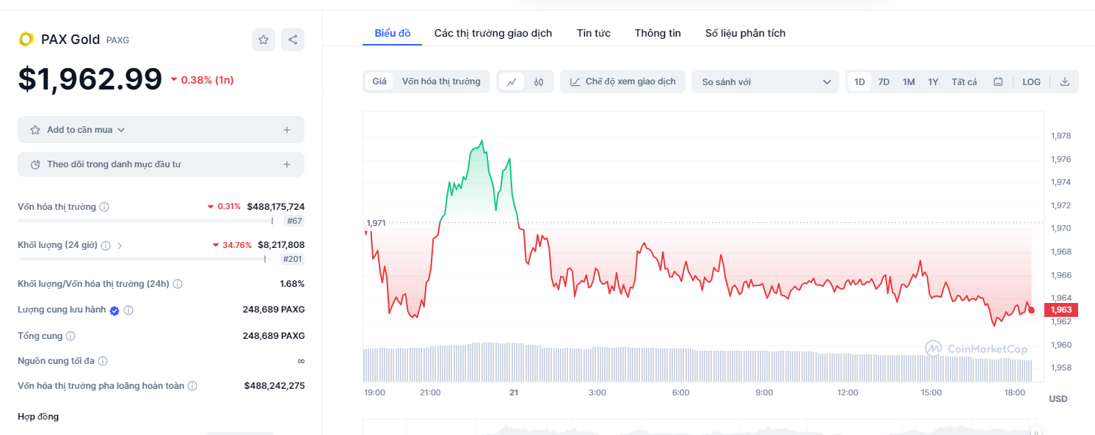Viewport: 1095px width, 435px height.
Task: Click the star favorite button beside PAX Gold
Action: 263,40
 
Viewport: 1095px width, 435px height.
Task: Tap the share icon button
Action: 293,40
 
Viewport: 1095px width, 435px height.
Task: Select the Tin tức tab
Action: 593,33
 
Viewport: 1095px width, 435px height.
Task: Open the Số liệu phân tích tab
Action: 745,33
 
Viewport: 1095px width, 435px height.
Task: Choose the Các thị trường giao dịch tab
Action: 493,33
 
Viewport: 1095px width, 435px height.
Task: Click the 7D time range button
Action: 884,82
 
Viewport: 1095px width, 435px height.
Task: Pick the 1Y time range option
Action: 933,82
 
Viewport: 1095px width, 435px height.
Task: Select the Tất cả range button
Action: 964,82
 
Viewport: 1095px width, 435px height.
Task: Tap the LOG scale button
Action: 1031,82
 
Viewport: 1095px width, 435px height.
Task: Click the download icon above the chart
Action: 1065,82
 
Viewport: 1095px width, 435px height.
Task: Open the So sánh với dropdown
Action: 765,82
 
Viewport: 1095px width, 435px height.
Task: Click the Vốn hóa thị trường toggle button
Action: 441,81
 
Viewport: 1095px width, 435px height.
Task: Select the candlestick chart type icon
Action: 538,82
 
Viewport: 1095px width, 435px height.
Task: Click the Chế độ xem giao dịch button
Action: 622,81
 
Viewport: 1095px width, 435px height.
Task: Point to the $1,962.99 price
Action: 90,79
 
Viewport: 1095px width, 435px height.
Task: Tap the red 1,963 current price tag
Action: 1061,310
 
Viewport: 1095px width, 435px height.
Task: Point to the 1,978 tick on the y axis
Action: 1061,136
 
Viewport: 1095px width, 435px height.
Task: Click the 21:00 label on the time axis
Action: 430,392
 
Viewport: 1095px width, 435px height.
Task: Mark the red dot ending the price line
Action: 1031,310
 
